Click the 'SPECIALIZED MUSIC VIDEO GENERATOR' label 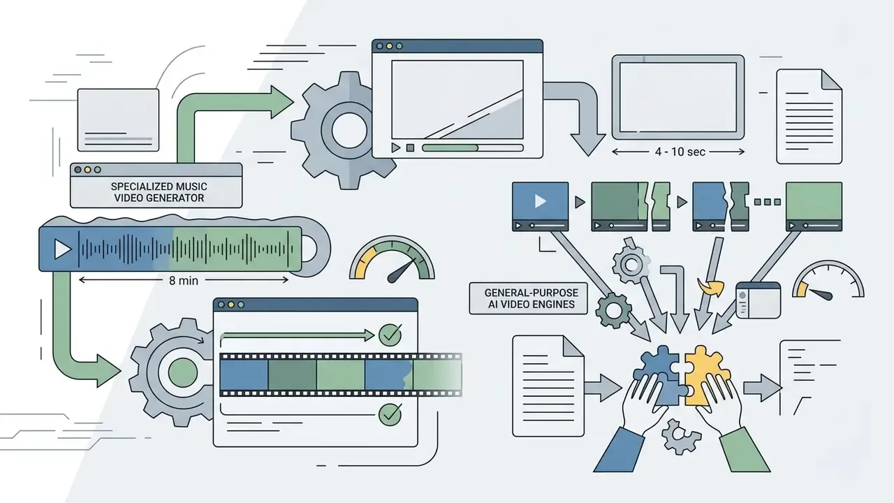click(159, 192)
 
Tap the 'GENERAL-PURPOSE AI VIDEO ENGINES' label click(532, 298)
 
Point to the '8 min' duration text click(184, 281)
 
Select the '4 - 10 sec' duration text click(680, 152)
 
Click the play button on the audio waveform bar click(62, 249)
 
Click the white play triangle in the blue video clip click(541, 201)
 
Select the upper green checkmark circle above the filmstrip click(390, 335)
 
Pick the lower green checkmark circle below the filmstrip click(390, 414)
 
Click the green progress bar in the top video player click(450, 147)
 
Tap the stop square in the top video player click(410, 148)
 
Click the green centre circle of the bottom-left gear click(183, 372)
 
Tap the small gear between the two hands click(681, 437)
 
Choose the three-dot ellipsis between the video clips click(767, 202)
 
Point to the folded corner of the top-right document click(831, 80)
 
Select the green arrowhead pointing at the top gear click(282, 102)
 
